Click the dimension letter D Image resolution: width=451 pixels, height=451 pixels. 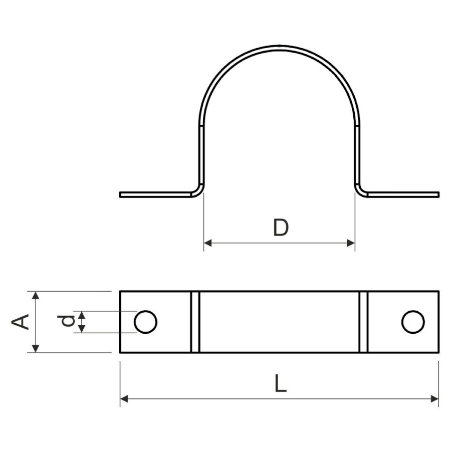[x=281, y=228]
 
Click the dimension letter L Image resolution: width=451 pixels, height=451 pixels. [x=281, y=383]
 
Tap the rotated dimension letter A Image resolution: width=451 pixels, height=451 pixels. [x=20, y=322]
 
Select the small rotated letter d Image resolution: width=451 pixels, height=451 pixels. [x=66, y=321]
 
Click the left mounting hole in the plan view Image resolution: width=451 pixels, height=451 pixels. [x=145, y=322]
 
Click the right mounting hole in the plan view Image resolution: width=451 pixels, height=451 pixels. [x=413, y=322]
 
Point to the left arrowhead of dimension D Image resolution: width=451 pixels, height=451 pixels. [x=207, y=243]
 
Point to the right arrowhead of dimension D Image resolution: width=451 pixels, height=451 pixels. [x=351, y=243]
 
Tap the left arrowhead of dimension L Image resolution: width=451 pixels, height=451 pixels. [x=124, y=399]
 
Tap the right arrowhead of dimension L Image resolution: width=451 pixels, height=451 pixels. [x=434, y=399]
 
